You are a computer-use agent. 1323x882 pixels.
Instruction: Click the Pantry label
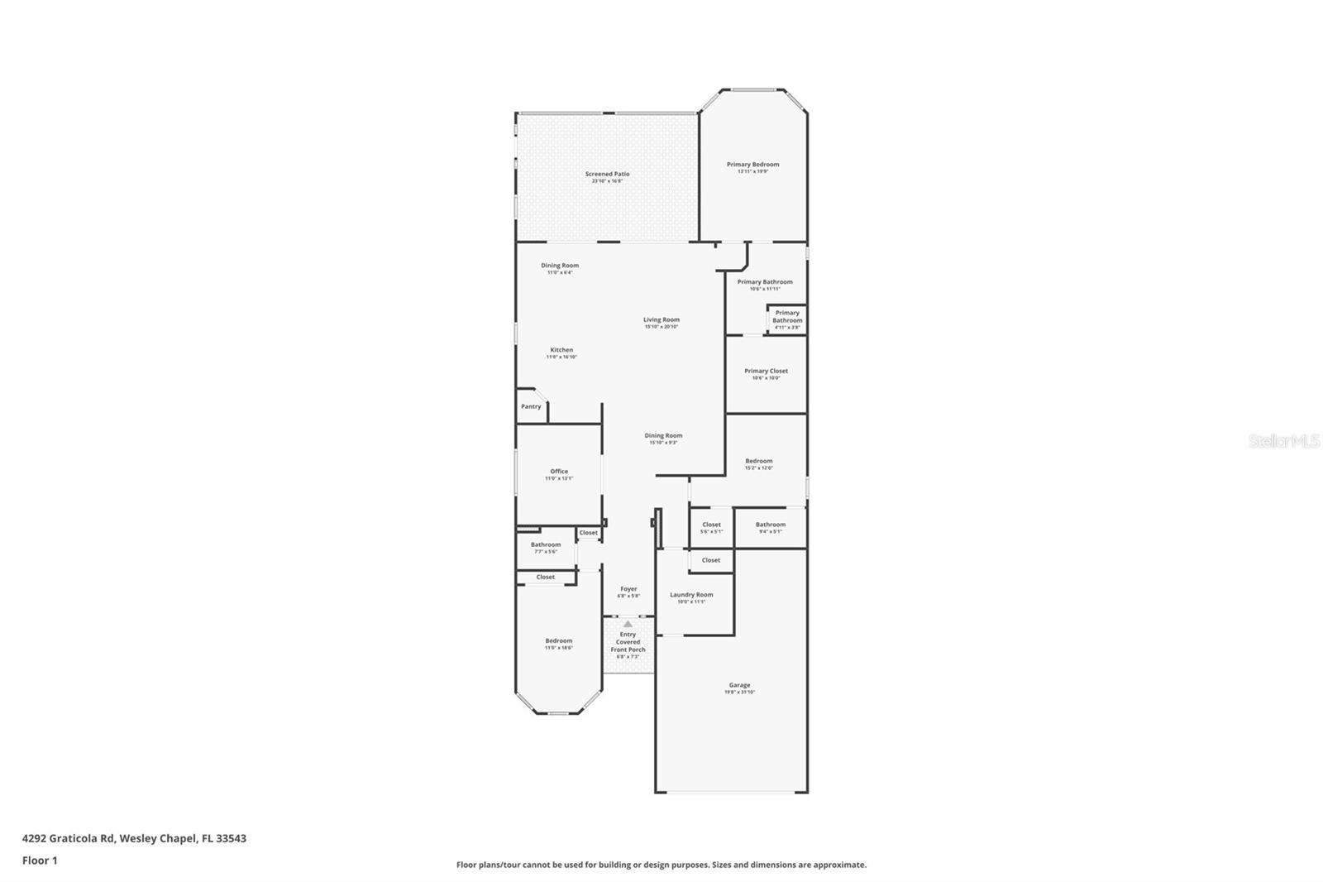[531, 406]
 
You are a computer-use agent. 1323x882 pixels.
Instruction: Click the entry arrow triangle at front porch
[628, 624]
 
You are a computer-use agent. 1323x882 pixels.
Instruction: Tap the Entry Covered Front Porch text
[628, 642]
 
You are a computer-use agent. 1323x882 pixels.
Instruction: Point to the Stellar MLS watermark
[1283, 441]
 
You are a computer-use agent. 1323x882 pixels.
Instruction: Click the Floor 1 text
[40, 860]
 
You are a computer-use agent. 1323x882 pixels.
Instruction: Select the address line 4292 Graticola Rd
[134, 838]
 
